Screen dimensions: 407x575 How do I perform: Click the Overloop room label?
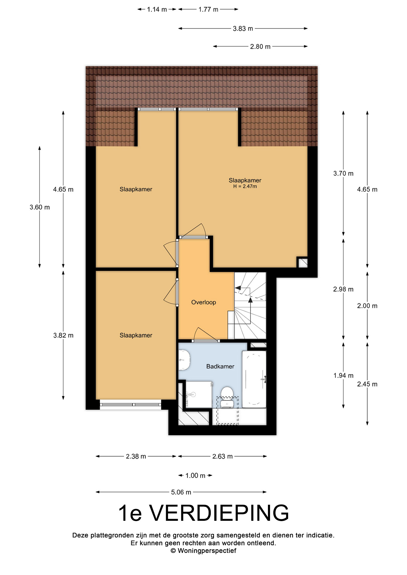pos(203,302)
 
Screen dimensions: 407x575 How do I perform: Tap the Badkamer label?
pos(220,366)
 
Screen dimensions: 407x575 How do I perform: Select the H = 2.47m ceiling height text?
pos(245,186)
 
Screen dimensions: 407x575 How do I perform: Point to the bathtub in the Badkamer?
pos(254,379)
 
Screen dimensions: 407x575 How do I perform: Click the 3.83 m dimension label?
pos(243,28)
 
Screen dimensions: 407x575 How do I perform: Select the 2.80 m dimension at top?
pos(260,46)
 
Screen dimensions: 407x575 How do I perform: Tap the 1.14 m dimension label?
pos(157,9)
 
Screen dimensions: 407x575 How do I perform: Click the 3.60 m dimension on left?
pos(40,207)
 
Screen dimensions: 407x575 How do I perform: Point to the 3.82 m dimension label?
pos(63,335)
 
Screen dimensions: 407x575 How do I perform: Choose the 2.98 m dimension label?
pos(343,289)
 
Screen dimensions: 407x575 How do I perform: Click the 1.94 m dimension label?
pos(343,375)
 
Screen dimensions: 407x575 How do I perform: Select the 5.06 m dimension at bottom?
pos(181,492)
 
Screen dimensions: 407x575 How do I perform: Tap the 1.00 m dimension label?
pos(195,475)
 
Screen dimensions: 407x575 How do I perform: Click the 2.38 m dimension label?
pos(136,456)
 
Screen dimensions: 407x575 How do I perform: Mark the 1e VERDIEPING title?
pos(203,513)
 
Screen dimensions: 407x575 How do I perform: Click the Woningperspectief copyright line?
pos(203,550)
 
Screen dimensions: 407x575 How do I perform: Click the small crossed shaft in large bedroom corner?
pos(302,262)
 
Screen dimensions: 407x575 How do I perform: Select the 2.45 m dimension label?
pos(367,384)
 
